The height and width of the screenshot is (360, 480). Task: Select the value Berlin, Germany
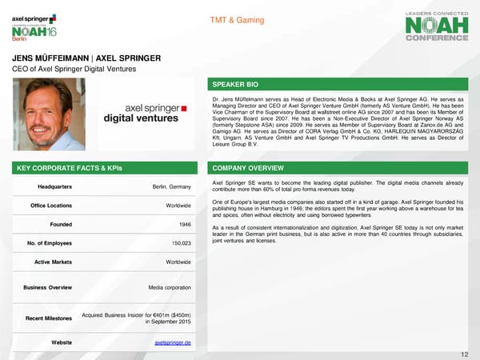(171, 187)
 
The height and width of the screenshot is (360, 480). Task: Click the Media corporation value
(169, 286)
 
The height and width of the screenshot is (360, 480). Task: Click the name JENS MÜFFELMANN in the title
(49, 58)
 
